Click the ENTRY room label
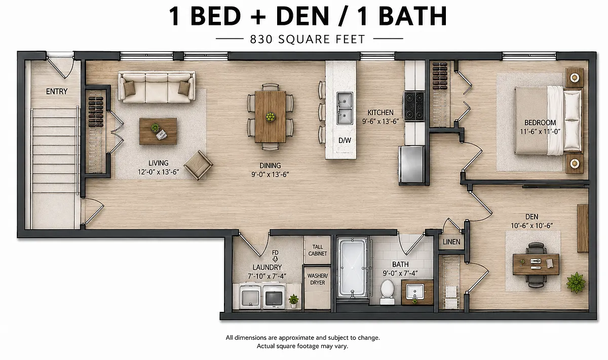57,92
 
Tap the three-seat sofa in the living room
157,87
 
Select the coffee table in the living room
158,131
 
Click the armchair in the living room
198,165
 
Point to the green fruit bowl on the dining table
270,117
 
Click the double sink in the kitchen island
345,108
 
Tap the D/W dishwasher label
345,140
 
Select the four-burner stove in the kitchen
414,106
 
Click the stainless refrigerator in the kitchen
411,165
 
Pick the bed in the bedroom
548,121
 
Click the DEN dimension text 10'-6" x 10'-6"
531,226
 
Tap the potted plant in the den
576,282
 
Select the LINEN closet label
451,242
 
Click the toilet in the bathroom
387,292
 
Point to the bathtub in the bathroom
353,268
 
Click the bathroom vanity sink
415,292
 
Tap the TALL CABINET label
318,250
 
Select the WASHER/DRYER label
318,279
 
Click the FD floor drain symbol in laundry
275,256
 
